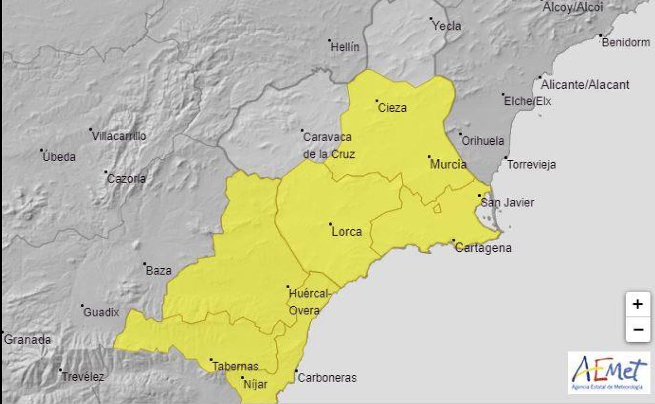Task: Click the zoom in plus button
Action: pos(638,304)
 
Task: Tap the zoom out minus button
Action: pos(638,329)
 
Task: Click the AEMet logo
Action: pos(609,373)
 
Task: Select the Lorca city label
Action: pos(347,231)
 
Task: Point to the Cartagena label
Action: pos(483,248)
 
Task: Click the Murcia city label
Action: pos(448,164)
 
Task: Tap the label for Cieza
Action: pos(393,108)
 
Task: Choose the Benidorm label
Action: pos(626,42)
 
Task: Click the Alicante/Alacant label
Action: pos(585,84)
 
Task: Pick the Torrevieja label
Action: pos(531,164)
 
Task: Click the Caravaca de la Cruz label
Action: pos(329,146)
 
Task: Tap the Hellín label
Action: pos(345,47)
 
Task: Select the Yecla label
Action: pos(447,26)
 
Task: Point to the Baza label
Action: pos(159,271)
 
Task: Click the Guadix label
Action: pos(101,313)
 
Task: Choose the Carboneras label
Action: pos(326,378)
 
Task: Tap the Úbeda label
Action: pos(59,156)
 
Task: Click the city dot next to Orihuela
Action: pos(460,134)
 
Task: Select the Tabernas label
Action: pos(235,367)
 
